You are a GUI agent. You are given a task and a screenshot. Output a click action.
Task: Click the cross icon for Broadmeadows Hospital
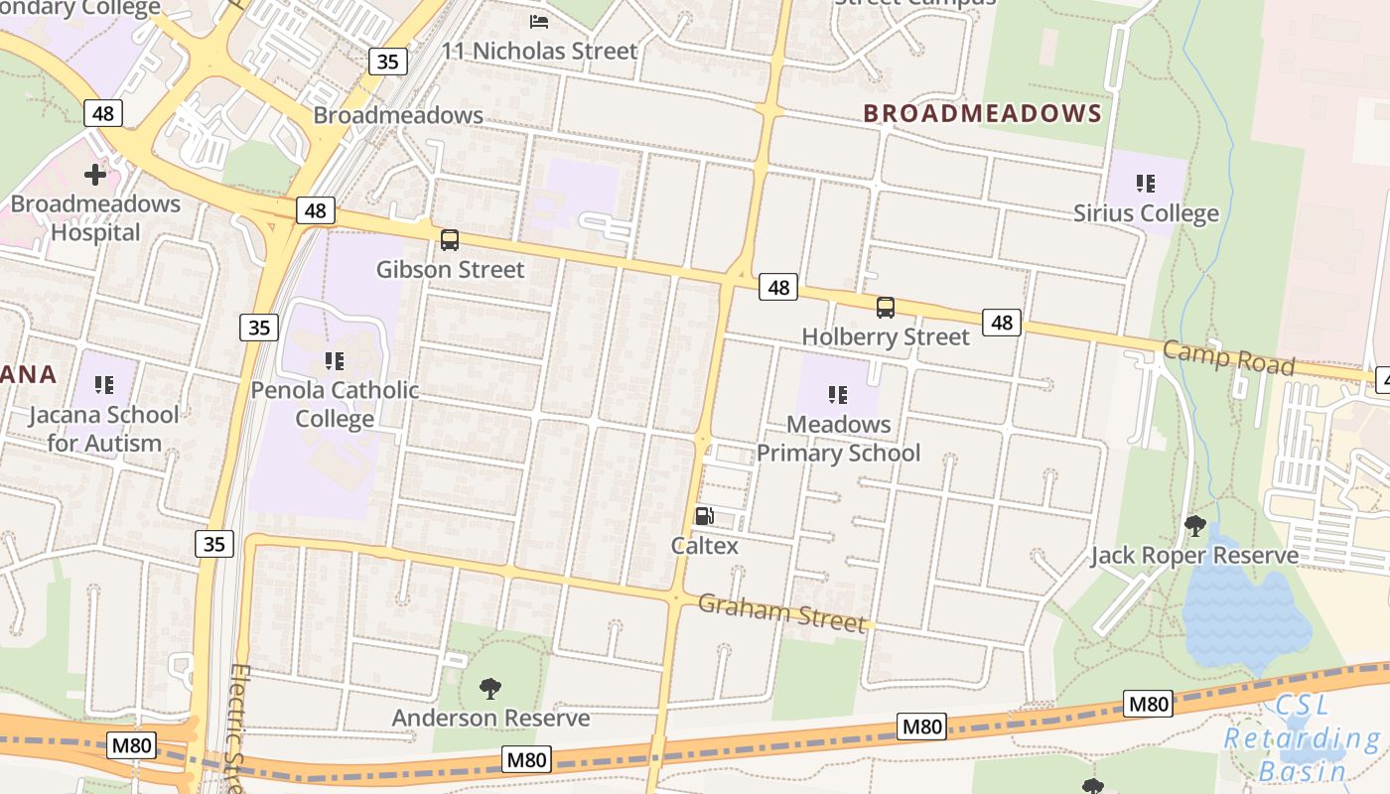(95, 176)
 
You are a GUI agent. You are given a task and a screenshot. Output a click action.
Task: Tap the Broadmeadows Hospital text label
(95, 218)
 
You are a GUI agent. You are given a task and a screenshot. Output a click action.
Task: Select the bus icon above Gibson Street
(450, 239)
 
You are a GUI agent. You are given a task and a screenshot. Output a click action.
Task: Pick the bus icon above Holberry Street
(885, 308)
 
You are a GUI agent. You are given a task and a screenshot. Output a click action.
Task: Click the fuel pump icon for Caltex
(704, 515)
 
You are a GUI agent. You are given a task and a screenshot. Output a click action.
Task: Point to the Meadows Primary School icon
(838, 395)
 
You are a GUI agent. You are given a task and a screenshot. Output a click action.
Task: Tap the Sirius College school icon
(1146, 184)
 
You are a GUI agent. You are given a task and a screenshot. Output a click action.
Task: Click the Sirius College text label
(1146, 213)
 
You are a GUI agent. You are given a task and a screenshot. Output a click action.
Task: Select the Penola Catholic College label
(335, 404)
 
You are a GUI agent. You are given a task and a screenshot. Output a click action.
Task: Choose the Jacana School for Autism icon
(104, 384)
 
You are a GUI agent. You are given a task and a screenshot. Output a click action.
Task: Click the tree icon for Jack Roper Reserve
(1194, 525)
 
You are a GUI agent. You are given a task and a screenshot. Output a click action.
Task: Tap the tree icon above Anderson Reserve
(489, 688)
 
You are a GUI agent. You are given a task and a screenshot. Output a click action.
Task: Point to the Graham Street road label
(781, 611)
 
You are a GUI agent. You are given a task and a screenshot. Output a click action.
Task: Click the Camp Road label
(1228, 357)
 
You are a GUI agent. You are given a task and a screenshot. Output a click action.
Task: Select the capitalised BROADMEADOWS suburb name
(982, 113)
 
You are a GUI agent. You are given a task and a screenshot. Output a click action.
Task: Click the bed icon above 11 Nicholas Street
(539, 21)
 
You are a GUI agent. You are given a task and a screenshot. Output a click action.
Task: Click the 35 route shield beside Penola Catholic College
(258, 327)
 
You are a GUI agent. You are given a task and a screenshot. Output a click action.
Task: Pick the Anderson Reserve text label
(490, 718)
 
